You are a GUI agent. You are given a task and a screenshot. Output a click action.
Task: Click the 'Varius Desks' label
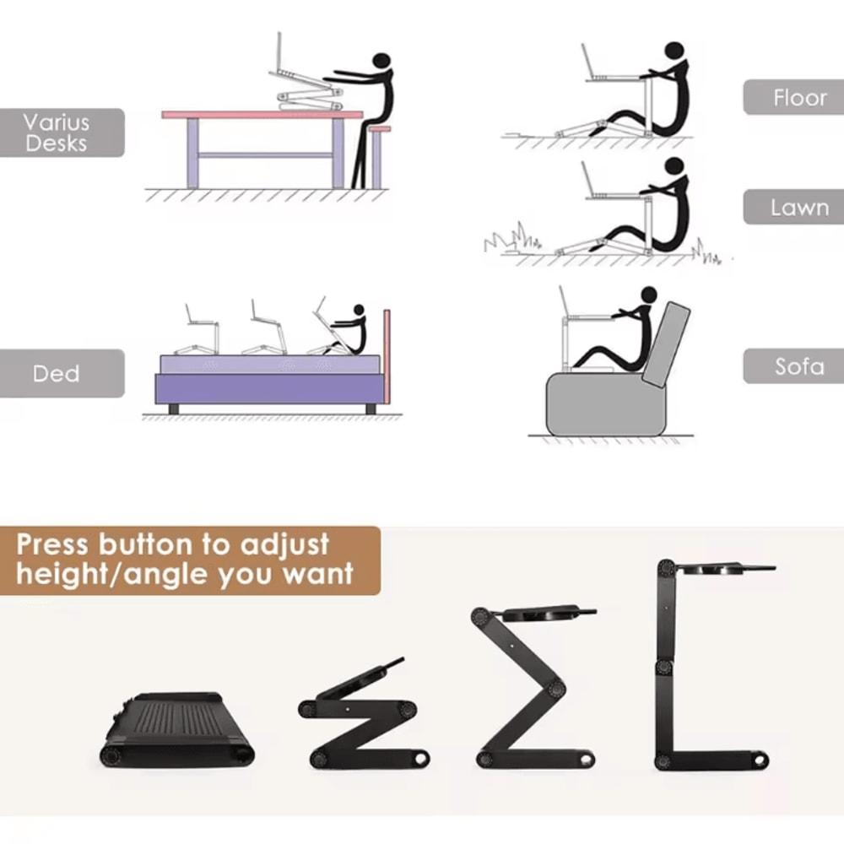(57, 133)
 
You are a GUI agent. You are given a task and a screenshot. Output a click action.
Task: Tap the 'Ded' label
(57, 373)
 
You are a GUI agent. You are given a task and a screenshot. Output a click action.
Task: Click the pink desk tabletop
(262, 114)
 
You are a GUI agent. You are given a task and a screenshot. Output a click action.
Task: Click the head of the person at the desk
(381, 62)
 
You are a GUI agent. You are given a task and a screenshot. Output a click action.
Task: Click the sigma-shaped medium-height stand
(523, 684)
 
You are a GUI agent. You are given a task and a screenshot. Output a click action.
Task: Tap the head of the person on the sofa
(648, 295)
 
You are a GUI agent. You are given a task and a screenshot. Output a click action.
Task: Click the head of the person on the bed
(359, 311)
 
